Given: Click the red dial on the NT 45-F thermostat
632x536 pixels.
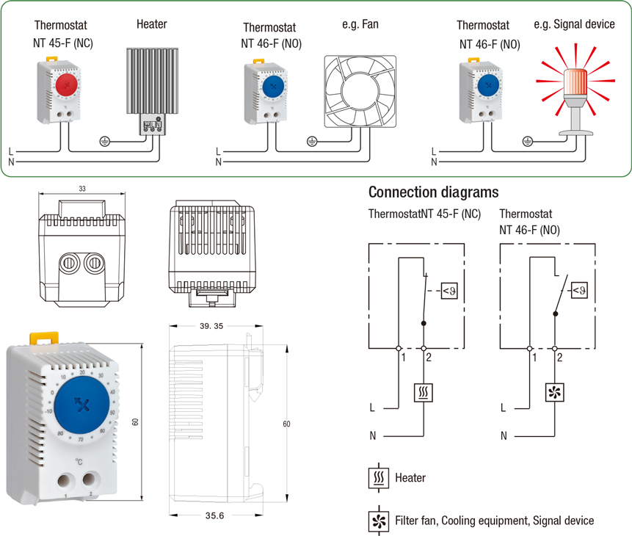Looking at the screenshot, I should pos(67,85).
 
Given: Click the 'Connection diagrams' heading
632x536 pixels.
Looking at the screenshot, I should pos(434,192).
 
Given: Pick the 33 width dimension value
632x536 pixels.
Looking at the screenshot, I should pos(82,189).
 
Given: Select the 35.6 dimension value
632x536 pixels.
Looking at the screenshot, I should pos(214,516).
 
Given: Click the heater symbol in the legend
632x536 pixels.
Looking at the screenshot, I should pos(378,478).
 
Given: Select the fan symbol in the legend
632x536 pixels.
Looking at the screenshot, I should pos(378,521).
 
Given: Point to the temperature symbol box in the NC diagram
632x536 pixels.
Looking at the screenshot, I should pos(451,292).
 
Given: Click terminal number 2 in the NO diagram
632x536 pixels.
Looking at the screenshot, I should pos(560,358).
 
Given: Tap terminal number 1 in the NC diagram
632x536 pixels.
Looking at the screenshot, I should pos(402,358).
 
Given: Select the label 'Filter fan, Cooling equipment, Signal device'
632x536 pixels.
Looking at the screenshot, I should pos(494,521).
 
